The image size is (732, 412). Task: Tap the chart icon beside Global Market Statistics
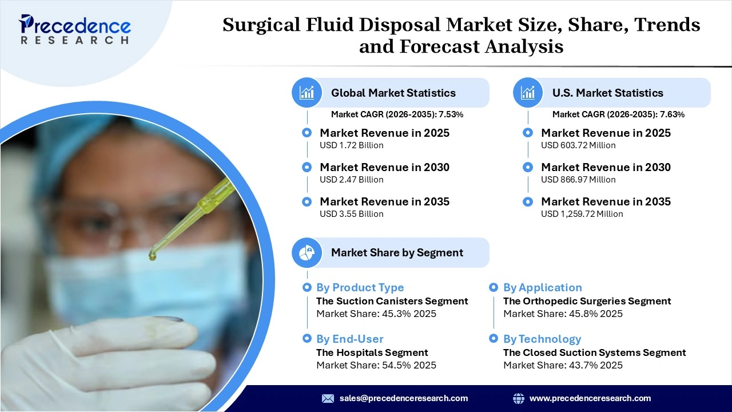tap(307, 93)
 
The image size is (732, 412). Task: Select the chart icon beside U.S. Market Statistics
tap(528, 93)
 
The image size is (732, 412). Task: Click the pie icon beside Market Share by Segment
tap(307, 252)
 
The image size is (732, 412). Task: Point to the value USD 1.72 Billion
tap(351, 145)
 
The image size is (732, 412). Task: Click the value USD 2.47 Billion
tap(351, 180)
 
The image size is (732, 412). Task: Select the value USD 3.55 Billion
tap(351, 214)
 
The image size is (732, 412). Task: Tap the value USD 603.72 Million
tap(578, 145)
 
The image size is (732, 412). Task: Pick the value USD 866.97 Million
tap(578, 180)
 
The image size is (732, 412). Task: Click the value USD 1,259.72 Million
tap(582, 214)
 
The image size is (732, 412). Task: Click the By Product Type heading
tap(360, 287)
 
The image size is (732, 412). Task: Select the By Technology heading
tap(542, 339)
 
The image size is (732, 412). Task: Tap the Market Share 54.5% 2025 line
tap(376, 365)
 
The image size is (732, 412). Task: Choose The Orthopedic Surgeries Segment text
tap(587, 301)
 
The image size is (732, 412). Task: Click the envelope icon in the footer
tap(328, 398)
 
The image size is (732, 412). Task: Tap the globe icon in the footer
tap(519, 398)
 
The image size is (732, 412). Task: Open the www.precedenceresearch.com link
tap(590, 398)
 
